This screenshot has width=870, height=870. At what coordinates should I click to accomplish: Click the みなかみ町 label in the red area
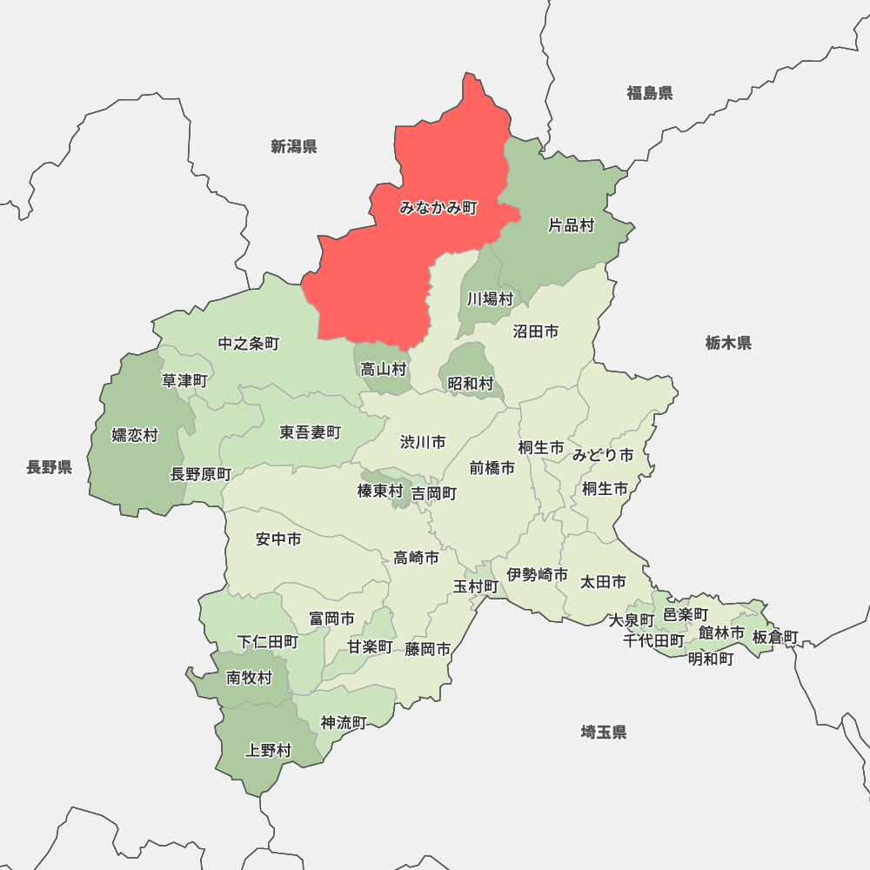click(438, 208)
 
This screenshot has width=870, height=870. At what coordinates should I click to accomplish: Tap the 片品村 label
click(571, 226)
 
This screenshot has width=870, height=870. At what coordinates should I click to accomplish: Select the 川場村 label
click(490, 298)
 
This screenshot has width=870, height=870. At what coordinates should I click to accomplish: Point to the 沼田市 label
click(536, 331)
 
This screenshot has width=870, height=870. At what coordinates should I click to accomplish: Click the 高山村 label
click(384, 369)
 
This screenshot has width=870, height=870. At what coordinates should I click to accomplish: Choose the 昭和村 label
click(471, 383)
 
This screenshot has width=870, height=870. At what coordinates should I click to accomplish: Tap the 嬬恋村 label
click(135, 435)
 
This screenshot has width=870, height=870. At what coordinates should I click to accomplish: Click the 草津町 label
click(185, 380)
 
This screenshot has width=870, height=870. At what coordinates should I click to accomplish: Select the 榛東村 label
click(380, 492)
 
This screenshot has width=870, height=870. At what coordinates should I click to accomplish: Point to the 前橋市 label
click(492, 468)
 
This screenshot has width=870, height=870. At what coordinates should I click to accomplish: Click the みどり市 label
click(603, 454)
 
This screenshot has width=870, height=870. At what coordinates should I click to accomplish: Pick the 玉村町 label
click(476, 586)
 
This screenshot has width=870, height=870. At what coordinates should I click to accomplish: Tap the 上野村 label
click(269, 750)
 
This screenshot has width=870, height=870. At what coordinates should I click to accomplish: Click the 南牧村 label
click(249, 678)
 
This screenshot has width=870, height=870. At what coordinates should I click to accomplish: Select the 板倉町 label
click(775, 637)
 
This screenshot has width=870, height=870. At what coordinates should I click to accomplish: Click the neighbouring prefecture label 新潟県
click(294, 146)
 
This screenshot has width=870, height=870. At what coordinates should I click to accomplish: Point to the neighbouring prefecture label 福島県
click(650, 93)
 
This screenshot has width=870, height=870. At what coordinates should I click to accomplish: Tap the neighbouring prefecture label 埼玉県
click(604, 733)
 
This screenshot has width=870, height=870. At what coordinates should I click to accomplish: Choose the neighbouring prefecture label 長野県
click(50, 467)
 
